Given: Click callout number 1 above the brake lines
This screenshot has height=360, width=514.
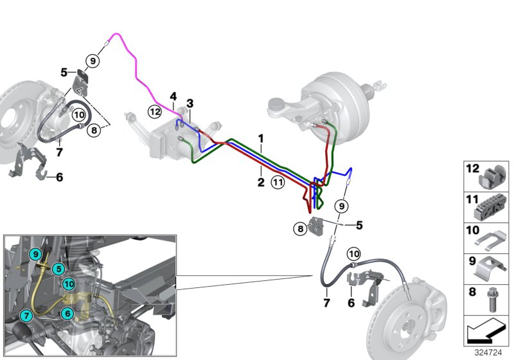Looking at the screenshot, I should (261, 138).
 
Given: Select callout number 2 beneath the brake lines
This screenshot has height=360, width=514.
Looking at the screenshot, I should (261, 183).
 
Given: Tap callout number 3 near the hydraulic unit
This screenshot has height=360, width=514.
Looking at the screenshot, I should (190, 104).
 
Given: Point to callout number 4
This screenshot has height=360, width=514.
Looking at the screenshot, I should (173, 96).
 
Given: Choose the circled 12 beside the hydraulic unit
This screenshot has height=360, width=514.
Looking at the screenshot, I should (154, 111).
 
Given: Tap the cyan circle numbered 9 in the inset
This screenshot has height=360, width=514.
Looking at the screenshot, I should (37, 255).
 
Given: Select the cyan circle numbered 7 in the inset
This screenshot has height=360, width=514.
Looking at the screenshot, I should (26, 315).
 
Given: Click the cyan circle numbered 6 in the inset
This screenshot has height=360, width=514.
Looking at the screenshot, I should (67, 312).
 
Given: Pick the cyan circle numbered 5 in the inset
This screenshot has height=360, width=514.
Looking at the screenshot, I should (58, 269).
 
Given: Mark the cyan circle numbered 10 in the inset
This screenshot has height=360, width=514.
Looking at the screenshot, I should (69, 283).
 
